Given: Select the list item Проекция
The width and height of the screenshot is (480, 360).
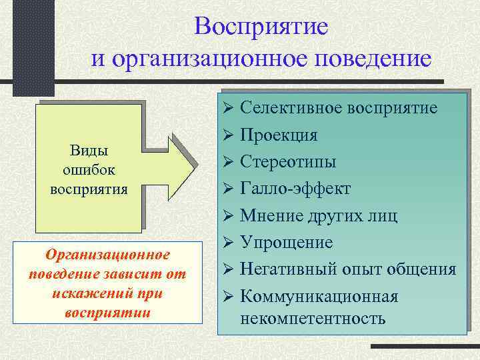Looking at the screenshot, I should [279, 135].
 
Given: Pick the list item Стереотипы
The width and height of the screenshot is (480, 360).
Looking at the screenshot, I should [288, 161].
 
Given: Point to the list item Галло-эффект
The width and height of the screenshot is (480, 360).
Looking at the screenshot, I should [295, 189].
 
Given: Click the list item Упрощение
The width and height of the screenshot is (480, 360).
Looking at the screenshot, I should [286, 243].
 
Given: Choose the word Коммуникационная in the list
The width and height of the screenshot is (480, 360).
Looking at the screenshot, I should [319, 297].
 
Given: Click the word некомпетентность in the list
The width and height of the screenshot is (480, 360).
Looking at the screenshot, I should [312, 317].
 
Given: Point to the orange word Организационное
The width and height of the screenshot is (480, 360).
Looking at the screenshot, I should [107, 255].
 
